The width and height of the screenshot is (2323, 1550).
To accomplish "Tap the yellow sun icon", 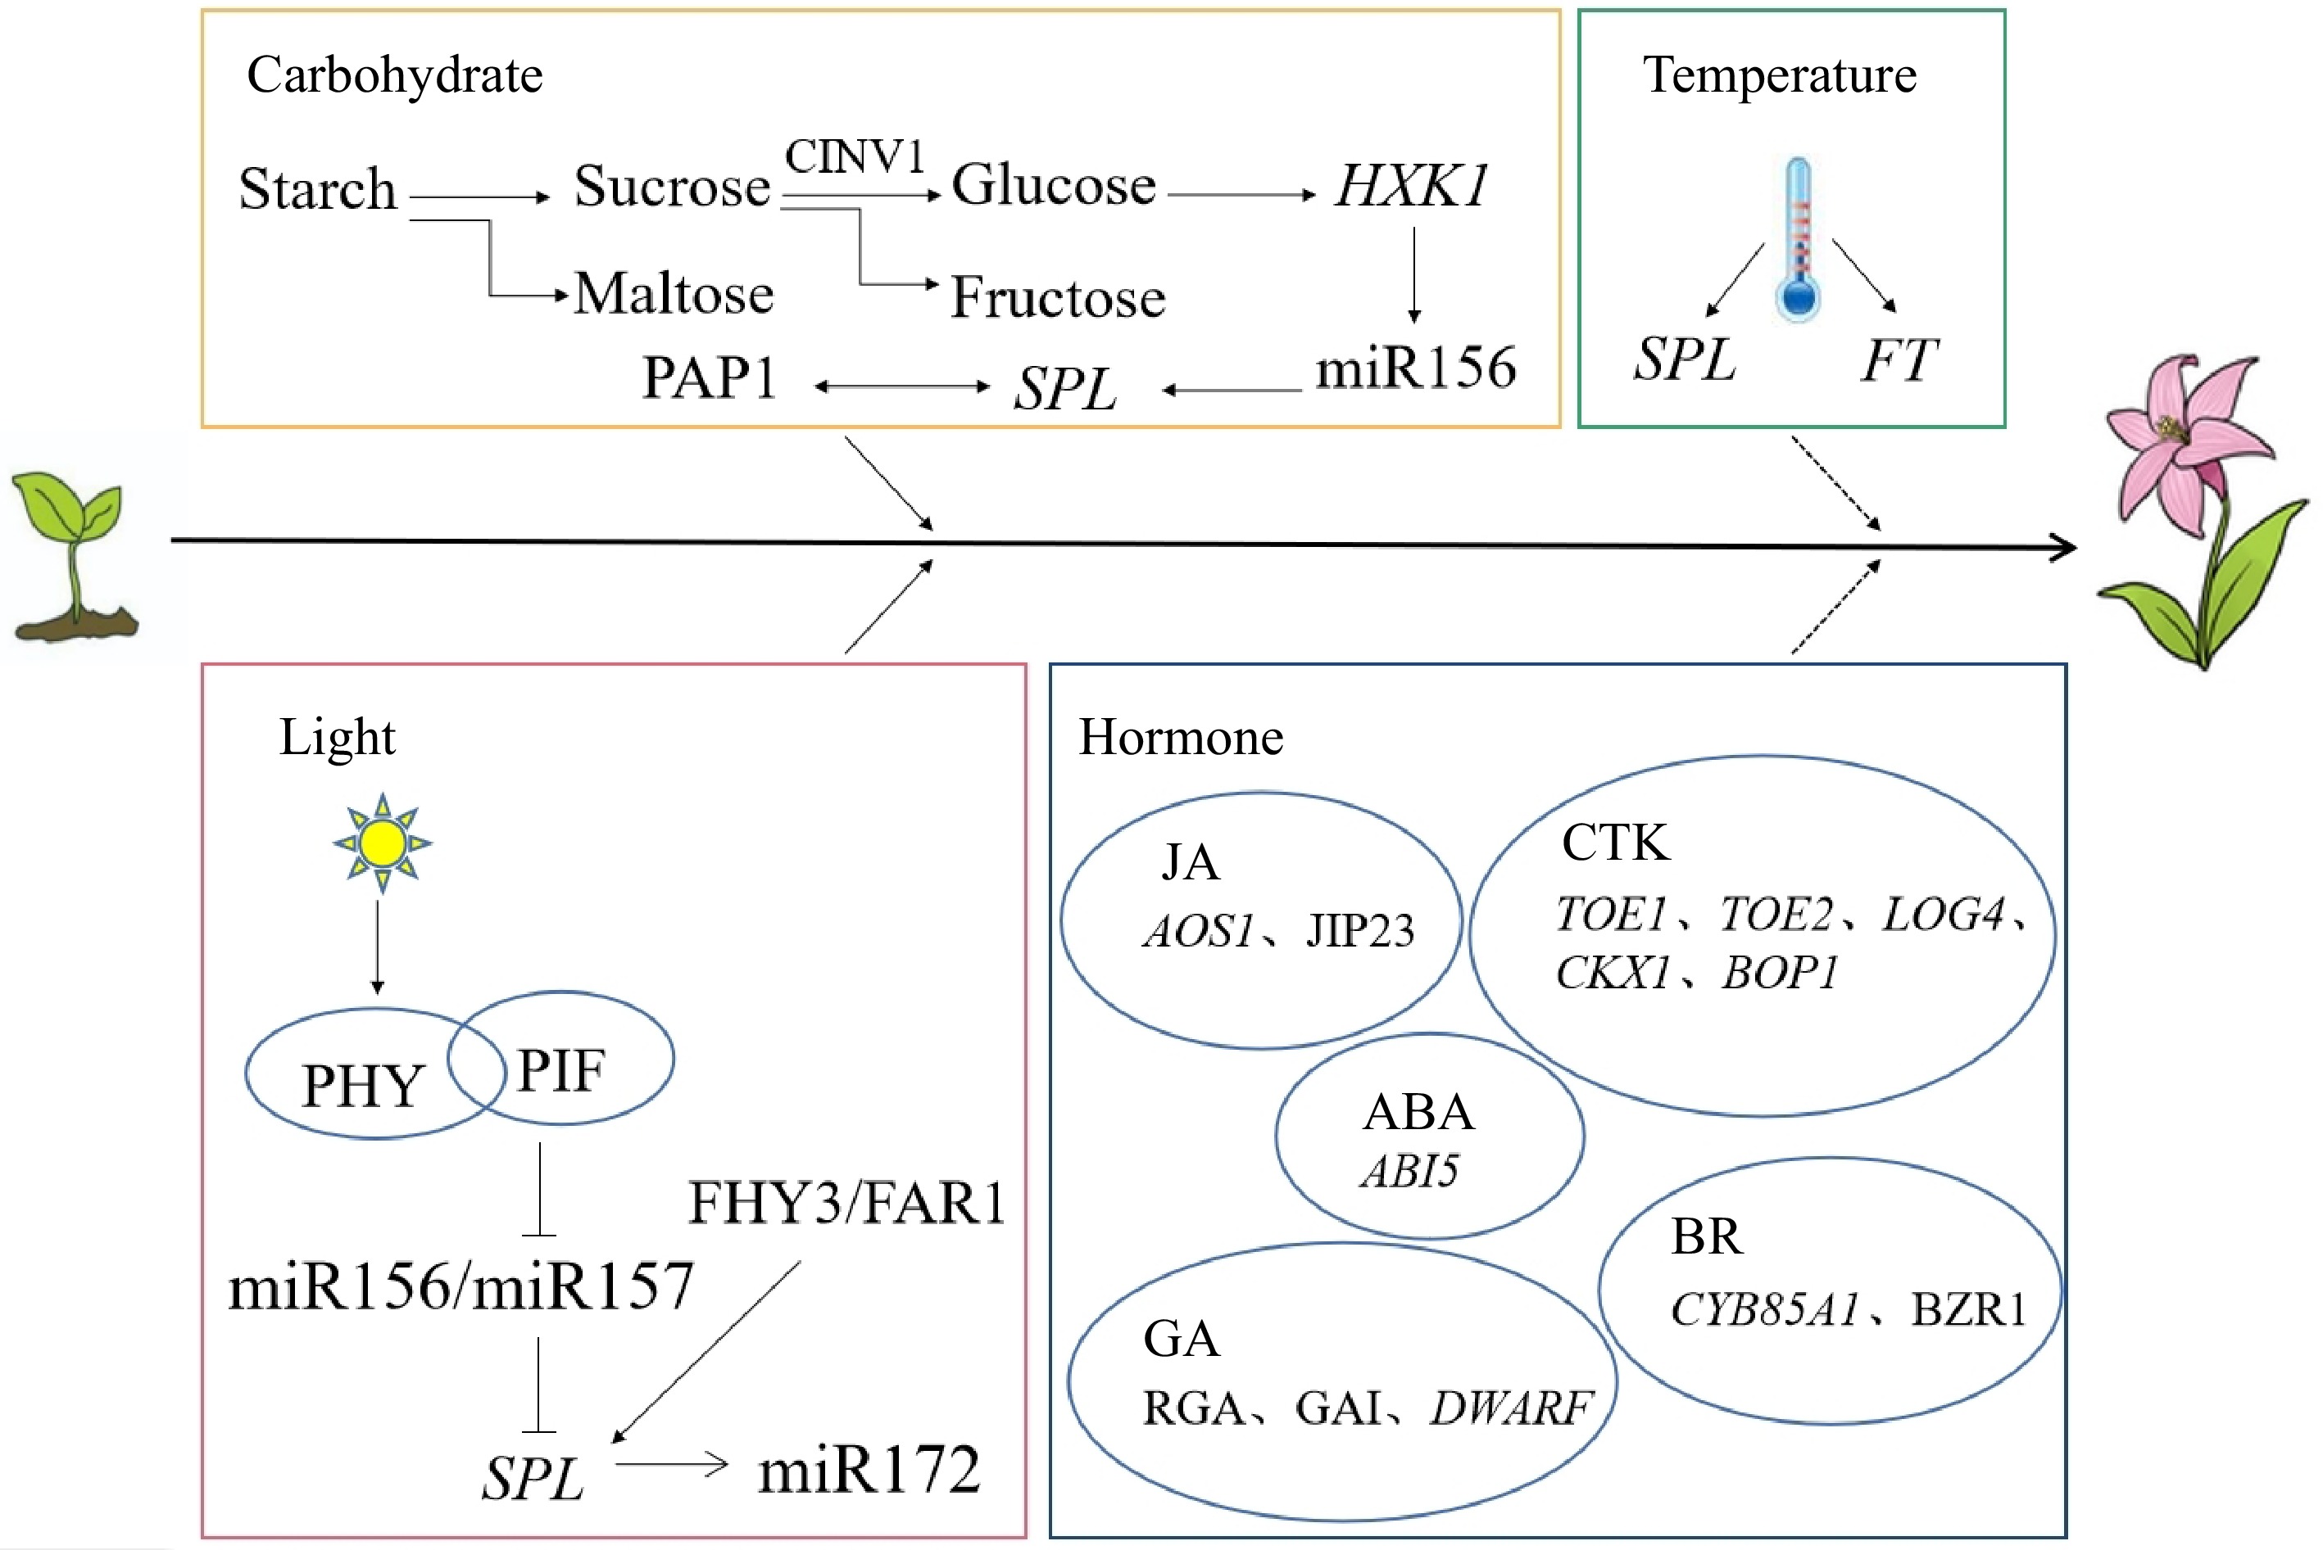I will click(383, 843).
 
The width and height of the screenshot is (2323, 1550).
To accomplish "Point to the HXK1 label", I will click(1411, 186).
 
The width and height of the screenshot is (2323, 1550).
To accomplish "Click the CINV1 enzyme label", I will click(855, 156).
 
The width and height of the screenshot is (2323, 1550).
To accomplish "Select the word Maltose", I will click(674, 294).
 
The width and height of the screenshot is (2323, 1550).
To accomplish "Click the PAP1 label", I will click(709, 377).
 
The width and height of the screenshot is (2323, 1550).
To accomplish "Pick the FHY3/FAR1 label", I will click(846, 1203).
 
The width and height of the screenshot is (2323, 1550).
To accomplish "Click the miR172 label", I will click(869, 1469).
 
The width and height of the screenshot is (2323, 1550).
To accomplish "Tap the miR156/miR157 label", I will click(461, 1286).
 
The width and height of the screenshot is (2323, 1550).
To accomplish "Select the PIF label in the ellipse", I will click(560, 1069).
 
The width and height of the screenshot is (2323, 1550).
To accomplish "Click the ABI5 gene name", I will click(1409, 1172).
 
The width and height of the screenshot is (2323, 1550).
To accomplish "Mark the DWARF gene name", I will click(1510, 1408).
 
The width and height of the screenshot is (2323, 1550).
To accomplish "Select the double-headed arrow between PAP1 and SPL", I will click(902, 386).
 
